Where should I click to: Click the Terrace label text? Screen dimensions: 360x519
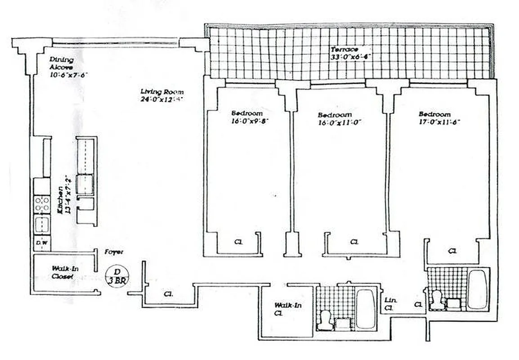(x=345, y=49)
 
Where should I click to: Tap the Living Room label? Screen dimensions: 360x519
(x=161, y=92)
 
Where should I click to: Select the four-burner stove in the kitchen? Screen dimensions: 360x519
(x=42, y=204)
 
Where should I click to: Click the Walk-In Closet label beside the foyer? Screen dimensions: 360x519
(x=62, y=272)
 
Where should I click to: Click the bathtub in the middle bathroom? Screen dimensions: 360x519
(x=366, y=309)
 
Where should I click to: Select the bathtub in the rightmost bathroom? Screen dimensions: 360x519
(x=477, y=288)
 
